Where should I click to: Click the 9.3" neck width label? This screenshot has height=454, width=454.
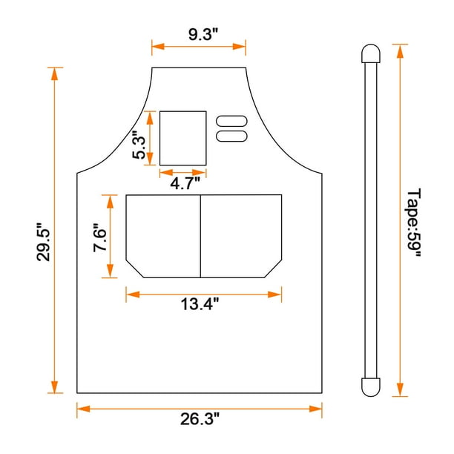(x=203, y=34)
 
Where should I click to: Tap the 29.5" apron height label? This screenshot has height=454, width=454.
(x=44, y=242)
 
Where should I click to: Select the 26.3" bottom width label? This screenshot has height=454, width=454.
(x=200, y=419)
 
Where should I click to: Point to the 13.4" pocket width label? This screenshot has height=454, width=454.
(x=200, y=304)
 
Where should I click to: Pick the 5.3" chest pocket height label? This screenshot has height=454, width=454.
(x=139, y=145)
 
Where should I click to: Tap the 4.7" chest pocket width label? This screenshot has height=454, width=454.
(x=185, y=183)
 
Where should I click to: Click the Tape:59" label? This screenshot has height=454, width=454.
(x=414, y=223)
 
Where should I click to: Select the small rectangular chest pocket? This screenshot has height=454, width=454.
(x=183, y=138)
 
